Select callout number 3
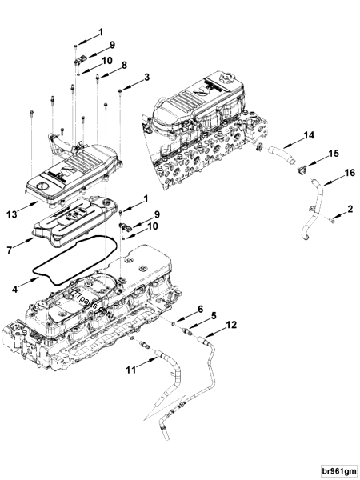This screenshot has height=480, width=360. pos(146,77)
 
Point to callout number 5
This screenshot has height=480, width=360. pos(214,316)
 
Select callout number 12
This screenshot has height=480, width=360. pos(231,325)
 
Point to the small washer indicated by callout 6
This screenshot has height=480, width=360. pos(174,324)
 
